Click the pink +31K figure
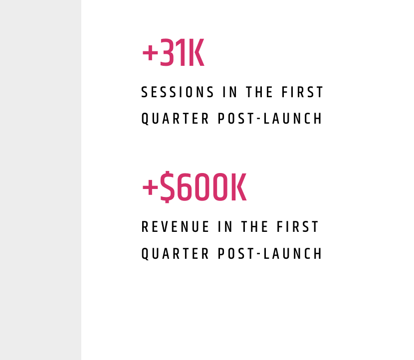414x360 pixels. pyautogui.click(x=173, y=53)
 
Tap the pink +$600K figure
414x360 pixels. pyautogui.click(x=194, y=188)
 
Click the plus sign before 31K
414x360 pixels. pyautogui.click(x=150, y=53)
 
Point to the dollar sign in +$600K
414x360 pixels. pyautogui.click(x=168, y=188)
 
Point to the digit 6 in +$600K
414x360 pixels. pyautogui.click(x=185, y=188)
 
